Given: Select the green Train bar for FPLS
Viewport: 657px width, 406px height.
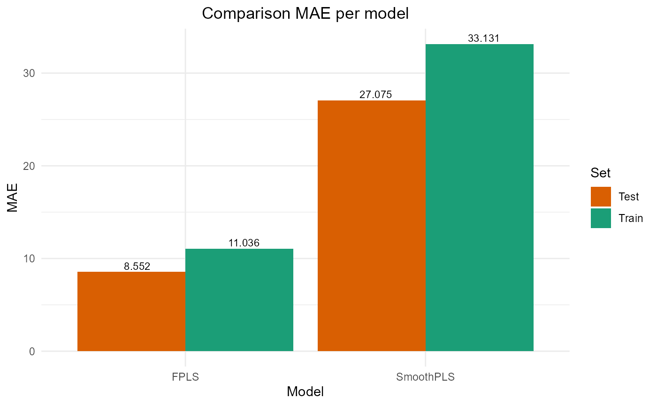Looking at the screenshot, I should tap(239, 300).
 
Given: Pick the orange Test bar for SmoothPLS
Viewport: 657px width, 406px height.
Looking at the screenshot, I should tap(372, 226).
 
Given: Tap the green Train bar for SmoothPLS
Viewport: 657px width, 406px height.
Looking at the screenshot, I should tap(480, 198).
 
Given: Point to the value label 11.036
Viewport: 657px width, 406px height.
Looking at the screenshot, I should tap(240, 243).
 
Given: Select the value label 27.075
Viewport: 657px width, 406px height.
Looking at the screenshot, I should tap(375, 95).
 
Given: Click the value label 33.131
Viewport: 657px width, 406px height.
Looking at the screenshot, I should tap(484, 38).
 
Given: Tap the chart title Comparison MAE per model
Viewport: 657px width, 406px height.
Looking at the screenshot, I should tap(305, 14).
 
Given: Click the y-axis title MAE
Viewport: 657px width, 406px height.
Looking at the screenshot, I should tap(13, 204).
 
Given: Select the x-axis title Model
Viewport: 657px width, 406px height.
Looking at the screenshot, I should tap(305, 392).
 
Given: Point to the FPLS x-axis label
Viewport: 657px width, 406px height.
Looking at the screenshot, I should tap(186, 376).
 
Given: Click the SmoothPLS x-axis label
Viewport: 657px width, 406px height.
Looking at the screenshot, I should tap(426, 376).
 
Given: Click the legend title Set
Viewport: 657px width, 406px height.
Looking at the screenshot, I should tap(601, 173).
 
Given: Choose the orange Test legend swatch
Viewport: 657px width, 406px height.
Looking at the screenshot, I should tap(601, 197).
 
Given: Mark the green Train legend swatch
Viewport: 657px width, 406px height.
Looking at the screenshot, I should tap(601, 218).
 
